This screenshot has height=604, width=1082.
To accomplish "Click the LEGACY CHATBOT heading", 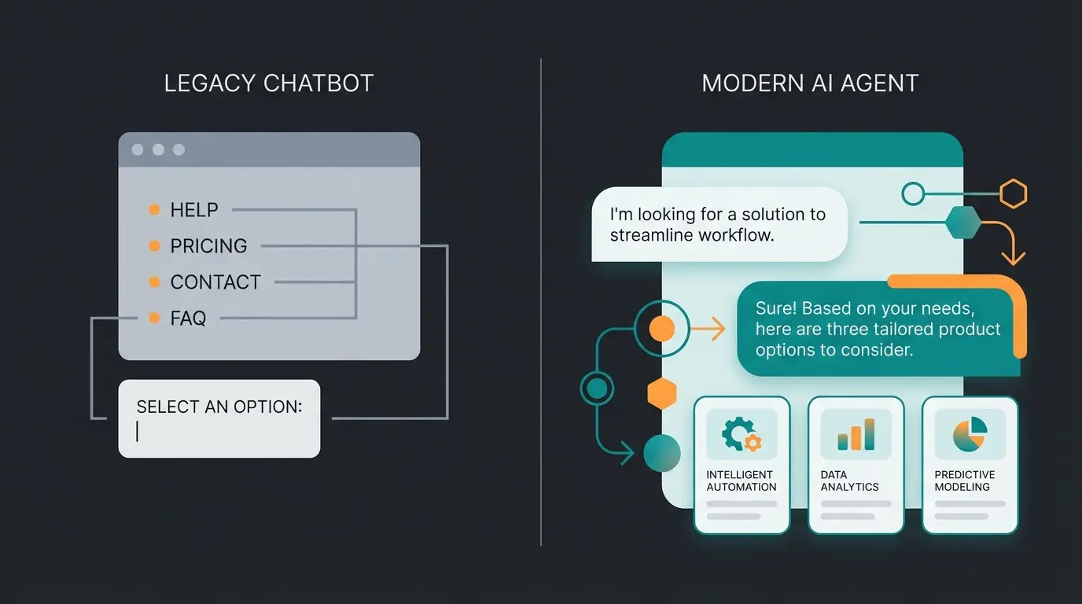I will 268,83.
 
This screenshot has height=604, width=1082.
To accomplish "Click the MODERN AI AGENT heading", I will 810,83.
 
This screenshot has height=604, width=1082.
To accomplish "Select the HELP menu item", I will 194,210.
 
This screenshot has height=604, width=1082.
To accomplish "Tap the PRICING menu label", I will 208,246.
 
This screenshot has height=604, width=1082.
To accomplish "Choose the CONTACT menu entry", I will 215,282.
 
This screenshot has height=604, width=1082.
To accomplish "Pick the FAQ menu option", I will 188,319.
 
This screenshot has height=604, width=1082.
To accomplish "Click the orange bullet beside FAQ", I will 154,319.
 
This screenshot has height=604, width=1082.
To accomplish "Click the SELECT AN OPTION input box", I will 219,418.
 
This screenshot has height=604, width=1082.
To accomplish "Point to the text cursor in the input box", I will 138,431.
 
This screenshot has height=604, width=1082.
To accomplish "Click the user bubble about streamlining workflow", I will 719,224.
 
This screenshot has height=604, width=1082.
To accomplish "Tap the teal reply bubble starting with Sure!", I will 877,329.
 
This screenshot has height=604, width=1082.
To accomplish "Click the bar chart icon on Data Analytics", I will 856,433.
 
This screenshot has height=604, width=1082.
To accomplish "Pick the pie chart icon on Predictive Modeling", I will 970,433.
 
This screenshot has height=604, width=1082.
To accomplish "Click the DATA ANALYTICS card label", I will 849,481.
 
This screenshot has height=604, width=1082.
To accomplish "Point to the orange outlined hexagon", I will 1013,193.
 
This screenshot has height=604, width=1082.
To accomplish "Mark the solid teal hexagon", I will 962,223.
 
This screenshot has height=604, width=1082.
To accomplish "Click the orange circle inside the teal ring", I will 662,329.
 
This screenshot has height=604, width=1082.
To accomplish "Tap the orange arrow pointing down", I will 1014,255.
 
